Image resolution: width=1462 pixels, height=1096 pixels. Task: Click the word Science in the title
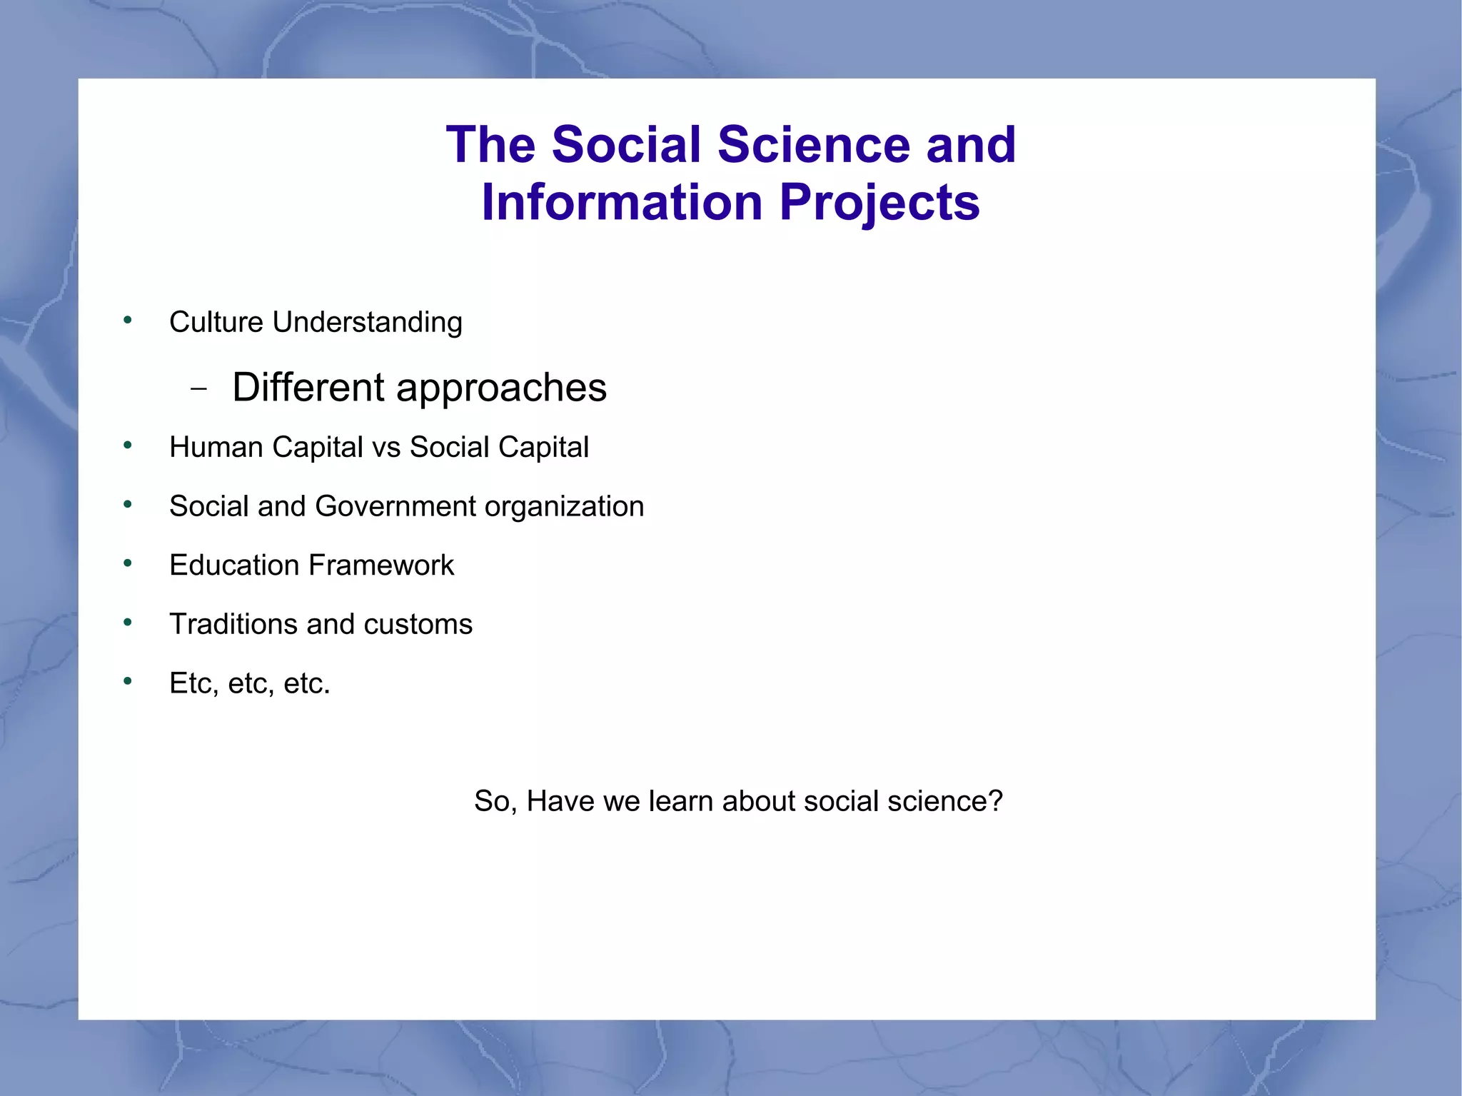click(x=813, y=145)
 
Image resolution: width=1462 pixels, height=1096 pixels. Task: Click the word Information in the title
click(x=622, y=203)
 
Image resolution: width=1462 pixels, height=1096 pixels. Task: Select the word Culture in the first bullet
click(x=216, y=322)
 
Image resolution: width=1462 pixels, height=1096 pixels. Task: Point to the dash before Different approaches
click(x=199, y=389)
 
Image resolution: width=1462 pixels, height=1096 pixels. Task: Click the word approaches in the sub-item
click(x=501, y=388)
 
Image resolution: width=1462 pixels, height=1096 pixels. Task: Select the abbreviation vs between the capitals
click(x=386, y=448)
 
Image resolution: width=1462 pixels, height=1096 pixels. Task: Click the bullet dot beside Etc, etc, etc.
click(x=128, y=682)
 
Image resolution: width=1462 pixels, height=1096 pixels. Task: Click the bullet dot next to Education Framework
click(x=128, y=564)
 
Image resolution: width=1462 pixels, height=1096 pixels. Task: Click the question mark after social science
click(x=995, y=801)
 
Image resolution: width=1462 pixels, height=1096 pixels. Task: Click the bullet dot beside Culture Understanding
click(x=128, y=321)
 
